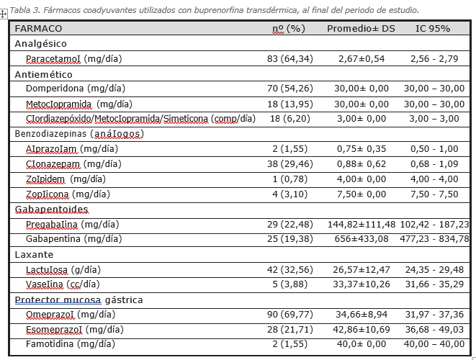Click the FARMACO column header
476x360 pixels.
38,29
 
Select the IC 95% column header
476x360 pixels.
433,29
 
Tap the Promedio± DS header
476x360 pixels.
361,29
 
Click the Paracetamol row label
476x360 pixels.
73,58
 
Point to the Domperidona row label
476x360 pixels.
76,89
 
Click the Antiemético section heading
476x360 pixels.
43,74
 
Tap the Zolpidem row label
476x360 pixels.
66,179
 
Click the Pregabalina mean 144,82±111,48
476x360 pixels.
362,225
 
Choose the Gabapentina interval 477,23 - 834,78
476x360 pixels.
434,239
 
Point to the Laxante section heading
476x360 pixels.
34,254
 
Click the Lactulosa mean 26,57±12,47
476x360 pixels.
362,269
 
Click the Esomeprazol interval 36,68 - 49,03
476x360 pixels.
434,330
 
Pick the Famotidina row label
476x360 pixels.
71,344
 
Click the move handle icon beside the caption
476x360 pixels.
4,14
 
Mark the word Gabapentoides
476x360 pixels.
51,210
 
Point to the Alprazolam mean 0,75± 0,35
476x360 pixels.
362,149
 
